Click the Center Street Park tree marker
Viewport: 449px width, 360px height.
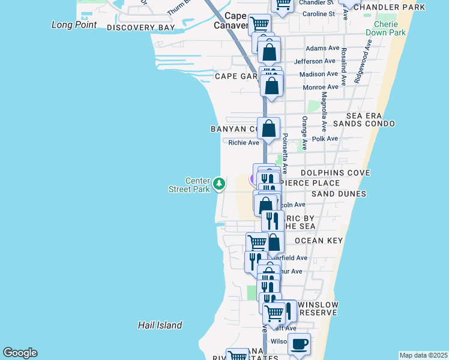pos(220,183)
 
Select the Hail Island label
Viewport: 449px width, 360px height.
pos(160,325)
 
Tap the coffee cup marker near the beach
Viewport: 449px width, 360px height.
pos(299,345)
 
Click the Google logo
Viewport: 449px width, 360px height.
pos(20,353)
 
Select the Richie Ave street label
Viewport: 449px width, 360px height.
pos(244,142)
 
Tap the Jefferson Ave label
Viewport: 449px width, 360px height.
pos(315,61)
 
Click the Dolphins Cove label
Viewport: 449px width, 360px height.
pos(336,173)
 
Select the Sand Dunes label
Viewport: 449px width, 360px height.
pos(339,194)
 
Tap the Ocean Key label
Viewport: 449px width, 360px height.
pos(318,241)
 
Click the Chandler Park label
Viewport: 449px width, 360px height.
pos(393,7)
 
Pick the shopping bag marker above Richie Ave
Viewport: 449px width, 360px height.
pos(270,128)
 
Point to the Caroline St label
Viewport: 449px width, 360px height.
pos(319,14)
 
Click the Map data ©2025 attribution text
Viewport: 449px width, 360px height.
pos(423,355)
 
